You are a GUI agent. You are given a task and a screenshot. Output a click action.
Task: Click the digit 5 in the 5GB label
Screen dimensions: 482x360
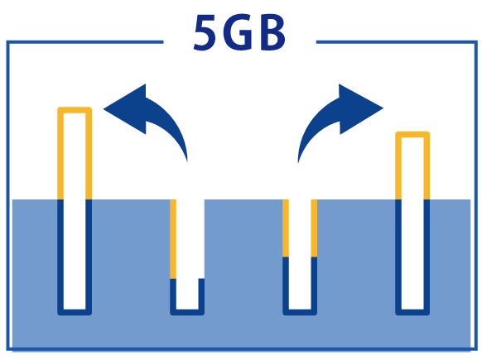click(x=205, y=32)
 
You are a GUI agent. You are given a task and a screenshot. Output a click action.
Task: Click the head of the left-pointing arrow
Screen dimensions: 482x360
click(x=124, y=108)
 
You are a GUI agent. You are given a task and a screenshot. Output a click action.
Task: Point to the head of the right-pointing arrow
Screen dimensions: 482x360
click(x=361, y=108)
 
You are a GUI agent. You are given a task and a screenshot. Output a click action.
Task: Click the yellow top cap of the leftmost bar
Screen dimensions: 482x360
click(x=75, y=110)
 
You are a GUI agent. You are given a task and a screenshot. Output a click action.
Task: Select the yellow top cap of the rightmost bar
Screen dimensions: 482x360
click(x=412, y=135)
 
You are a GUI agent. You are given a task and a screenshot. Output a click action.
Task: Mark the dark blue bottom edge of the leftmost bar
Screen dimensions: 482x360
click(x=75, y=312)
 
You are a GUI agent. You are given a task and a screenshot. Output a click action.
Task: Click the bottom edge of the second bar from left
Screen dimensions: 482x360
click(x=187, y=312)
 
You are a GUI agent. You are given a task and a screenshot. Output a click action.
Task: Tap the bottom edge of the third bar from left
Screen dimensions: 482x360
click(x=300, y=312)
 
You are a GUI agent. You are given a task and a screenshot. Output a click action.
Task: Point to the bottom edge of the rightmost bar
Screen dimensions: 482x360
click(x=412, y=312)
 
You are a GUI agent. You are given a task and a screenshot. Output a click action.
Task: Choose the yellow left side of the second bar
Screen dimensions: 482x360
click(x=173, y=239)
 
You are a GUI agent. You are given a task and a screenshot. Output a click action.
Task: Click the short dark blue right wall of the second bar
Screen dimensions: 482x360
click(x=201, y=294)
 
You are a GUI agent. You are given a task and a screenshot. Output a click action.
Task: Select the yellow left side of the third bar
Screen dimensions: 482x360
click(x=286, y=228)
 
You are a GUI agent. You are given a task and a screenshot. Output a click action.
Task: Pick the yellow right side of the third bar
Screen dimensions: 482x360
click(x=314, y=228)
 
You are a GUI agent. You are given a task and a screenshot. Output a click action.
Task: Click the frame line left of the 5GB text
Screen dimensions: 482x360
click(x=84, y=42)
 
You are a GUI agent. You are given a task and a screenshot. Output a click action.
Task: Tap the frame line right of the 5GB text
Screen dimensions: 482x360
click(x=397, y=42)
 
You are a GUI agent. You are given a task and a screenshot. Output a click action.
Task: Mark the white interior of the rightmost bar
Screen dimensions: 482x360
click(x=412, y=223)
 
